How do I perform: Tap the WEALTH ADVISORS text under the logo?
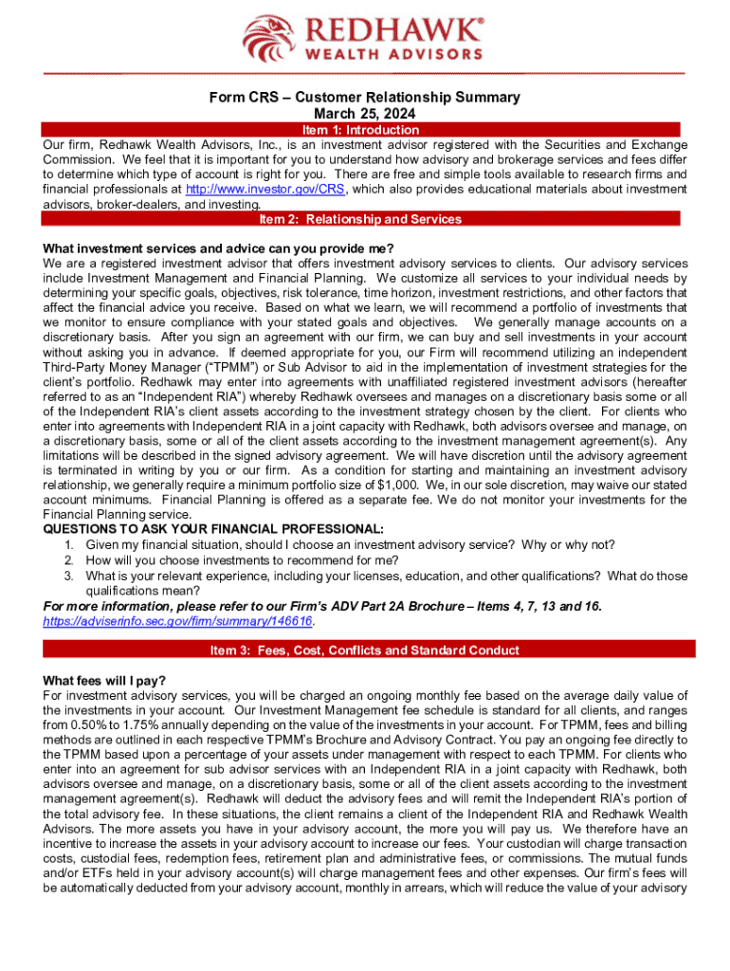[x=390, y=54]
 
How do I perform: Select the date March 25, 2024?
[x=365, y=114]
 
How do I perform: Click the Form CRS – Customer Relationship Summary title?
[x=365, y=98]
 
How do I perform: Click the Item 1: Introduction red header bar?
[x=365, y=130]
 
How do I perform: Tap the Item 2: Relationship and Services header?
[x=365, y=219]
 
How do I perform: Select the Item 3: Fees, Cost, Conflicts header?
[x=365, y=650]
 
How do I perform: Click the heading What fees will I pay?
[x=104, y=680]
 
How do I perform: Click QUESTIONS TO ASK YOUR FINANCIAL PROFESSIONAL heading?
[x=214, y=528]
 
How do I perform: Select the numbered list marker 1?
[x=68, y=544]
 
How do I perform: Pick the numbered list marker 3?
[x=68, y=576]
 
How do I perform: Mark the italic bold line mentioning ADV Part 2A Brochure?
[x=322, y=606]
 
